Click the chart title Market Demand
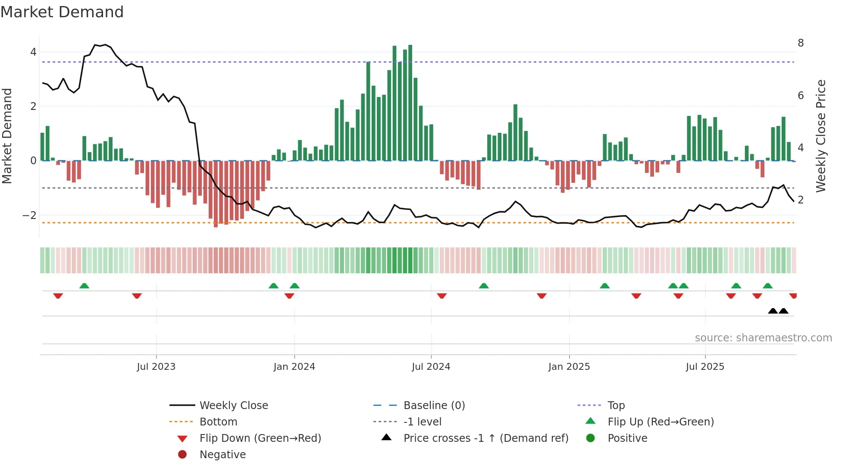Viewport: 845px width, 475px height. pos(62,12)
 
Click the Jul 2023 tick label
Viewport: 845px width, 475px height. pos(156,367)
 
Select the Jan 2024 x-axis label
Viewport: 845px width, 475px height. pos(294,367)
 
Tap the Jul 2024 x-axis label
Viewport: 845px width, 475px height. pos(431,367)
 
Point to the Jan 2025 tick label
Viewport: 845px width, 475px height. pos(569,367)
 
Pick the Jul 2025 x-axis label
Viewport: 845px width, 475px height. pos(705,367)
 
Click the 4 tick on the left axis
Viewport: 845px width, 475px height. pos(33,52)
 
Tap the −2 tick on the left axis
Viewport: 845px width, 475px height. pos(30,215)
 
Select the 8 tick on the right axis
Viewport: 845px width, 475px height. pos(801,43)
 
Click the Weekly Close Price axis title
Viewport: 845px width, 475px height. pos(821,136)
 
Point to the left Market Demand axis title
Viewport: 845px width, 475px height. pos(7,136)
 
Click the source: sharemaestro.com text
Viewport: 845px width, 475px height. pos(763,338)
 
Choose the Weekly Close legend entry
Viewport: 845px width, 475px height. pos(233,406)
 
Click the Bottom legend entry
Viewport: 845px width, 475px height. pos(218,422)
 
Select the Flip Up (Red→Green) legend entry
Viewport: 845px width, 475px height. pos(660,422)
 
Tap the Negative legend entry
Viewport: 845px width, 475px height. pos(222,455)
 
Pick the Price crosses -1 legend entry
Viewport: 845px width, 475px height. pos(485,438)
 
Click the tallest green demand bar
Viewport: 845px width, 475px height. pos(410,103)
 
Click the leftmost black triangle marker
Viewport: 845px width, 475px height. pos(773,311)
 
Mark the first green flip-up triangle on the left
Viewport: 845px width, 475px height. pos(84,286)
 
